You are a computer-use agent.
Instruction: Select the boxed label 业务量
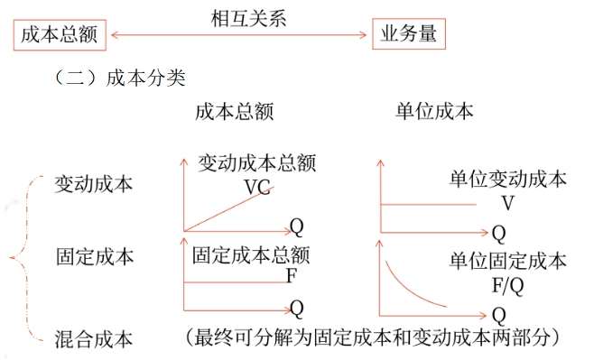tap(409, 35)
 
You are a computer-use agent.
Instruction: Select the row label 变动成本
tap(93, 183)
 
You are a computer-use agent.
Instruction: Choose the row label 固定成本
tap(93, 256)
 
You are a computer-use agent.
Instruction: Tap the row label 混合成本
tap(93, 339)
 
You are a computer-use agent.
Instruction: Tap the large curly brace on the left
tap(20, 259)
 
